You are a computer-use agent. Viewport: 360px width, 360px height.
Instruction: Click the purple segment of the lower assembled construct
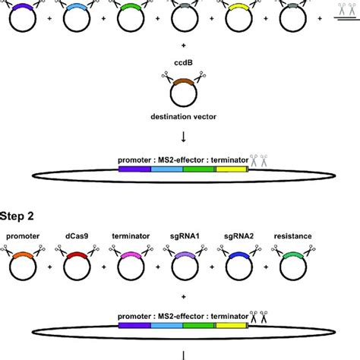click(134, 324)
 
